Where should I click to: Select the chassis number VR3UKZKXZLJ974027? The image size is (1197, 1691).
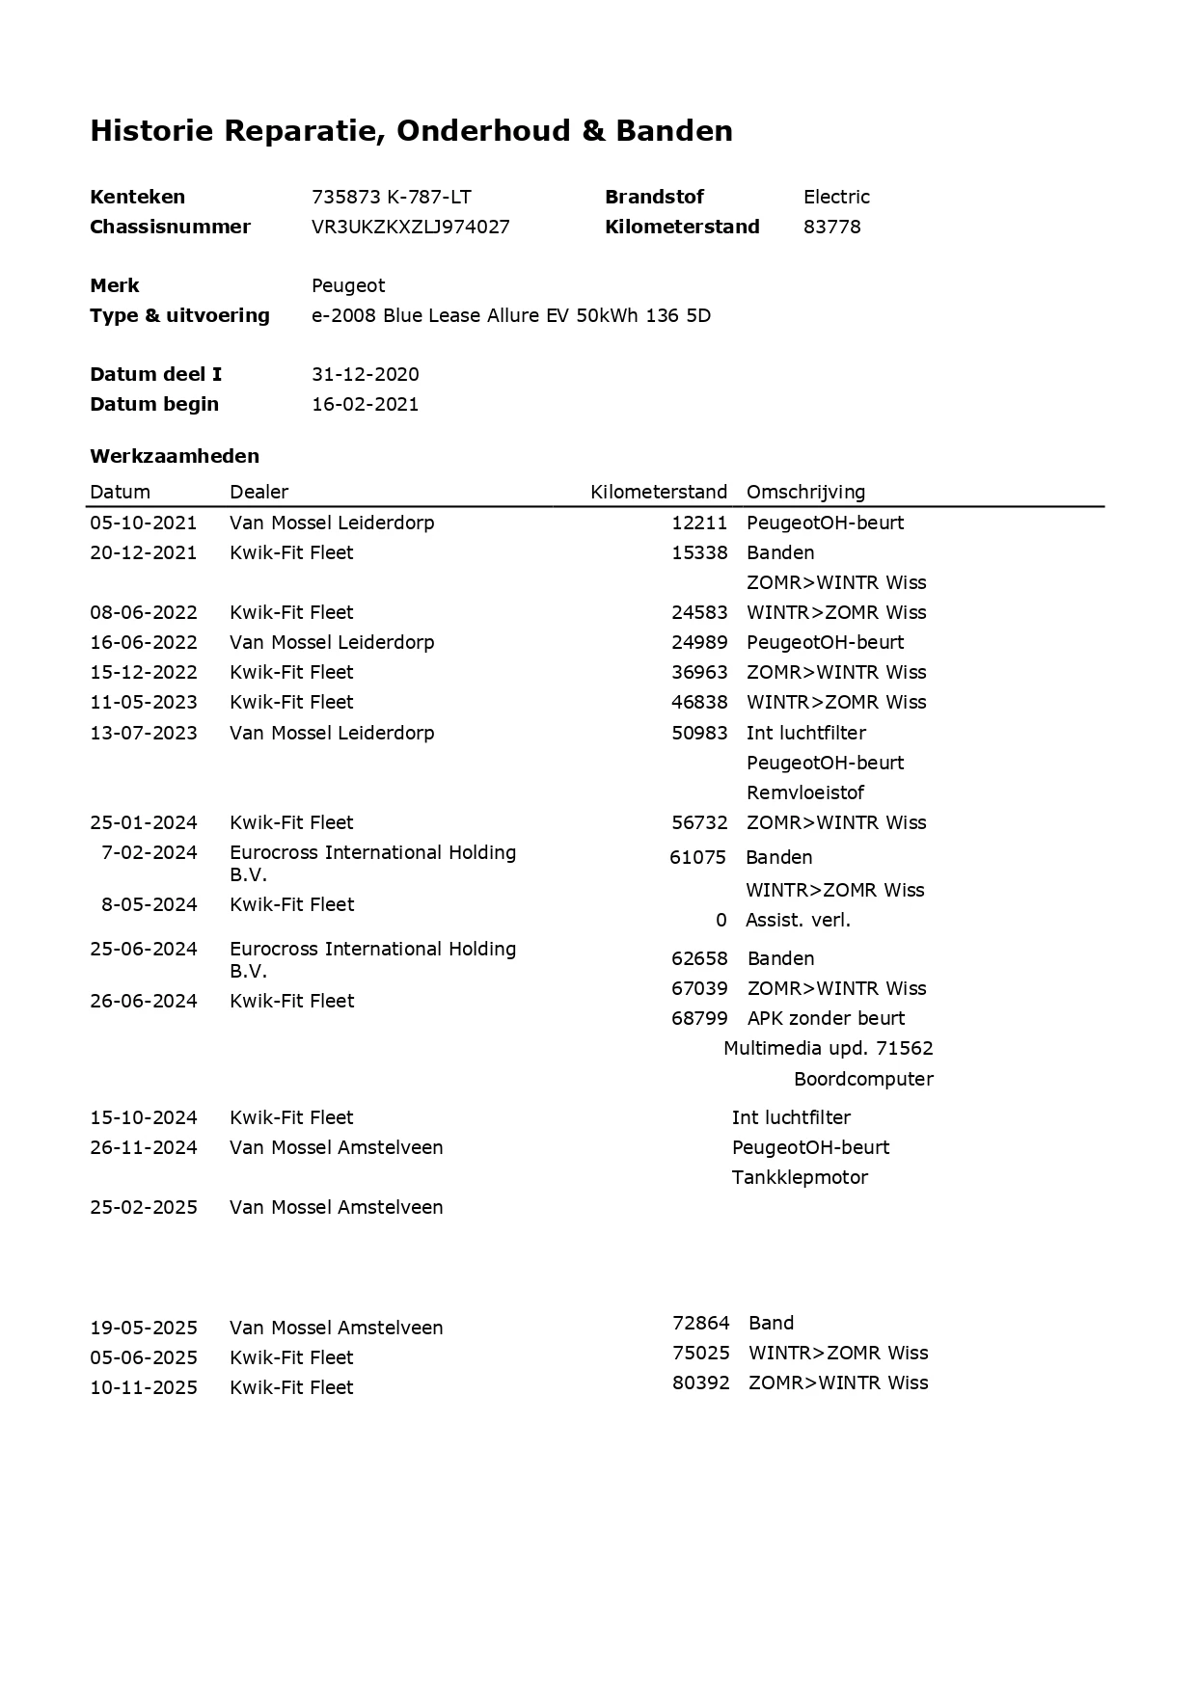(410, 227)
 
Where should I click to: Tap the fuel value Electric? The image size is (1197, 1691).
(836, 197)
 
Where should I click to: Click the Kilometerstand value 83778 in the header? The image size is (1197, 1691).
(831, 227)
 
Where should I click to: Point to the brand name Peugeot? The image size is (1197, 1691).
(347, 285)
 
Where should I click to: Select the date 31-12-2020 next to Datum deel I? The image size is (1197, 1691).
(365, 374)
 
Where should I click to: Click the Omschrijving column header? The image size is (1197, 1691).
(805, 492)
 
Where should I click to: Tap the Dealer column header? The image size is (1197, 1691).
(258, 492)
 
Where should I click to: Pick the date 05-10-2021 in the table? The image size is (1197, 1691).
(143, 523)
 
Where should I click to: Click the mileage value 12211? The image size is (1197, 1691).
(699, 523)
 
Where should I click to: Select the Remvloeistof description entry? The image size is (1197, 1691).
(804, 792)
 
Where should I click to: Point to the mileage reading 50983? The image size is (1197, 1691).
(699, 733)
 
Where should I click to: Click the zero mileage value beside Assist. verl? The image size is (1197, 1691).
(721, 920)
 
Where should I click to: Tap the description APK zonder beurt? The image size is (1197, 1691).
(826, 1018)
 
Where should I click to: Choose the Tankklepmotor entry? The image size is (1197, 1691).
(800, 1177)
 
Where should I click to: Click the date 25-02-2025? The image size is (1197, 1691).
(143, 1207)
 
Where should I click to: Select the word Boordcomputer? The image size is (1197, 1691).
(863, 1079)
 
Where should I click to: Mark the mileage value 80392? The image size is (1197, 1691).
(700, 1382)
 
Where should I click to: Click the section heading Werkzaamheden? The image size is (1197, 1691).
(175, 456)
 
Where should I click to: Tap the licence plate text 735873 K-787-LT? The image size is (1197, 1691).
(391, 197)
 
